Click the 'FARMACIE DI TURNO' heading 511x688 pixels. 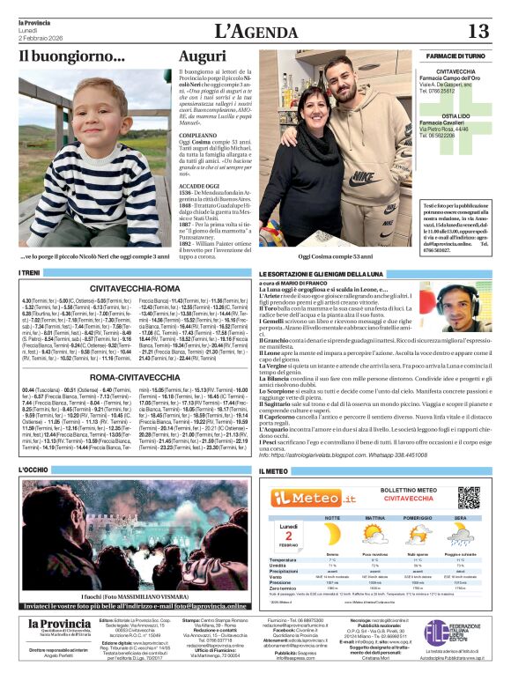click(455, 55)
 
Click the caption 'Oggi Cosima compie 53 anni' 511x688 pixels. click(306, 255)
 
